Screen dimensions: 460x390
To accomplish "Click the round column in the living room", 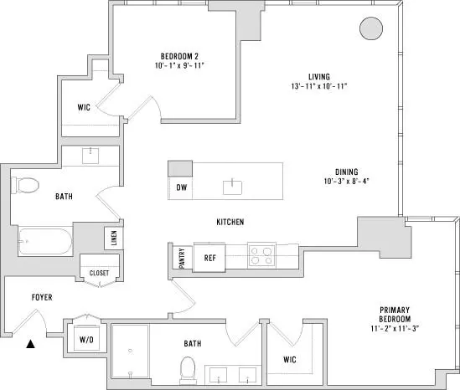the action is tap(371, 28).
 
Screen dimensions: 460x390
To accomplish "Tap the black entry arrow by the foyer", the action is tap(30, 344).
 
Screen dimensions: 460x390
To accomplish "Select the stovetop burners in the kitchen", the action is tap(261, 254).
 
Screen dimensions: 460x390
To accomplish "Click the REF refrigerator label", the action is tap(210, 258).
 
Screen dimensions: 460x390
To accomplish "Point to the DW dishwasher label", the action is tap(182, 187).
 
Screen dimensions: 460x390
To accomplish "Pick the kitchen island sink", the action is tap(232, 187).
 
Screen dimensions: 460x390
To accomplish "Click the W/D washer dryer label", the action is tap(86, 340).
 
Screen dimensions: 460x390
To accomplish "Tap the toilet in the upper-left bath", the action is tap(25, 185).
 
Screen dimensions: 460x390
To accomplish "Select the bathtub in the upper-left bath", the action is tap(45, 241).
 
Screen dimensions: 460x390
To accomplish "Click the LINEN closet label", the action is tap(114, 238).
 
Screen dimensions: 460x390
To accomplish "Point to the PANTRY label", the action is tap(182, 258).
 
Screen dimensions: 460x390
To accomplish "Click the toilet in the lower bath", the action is tap(188, 371).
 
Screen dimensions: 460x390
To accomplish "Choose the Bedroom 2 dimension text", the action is tap(179, 65).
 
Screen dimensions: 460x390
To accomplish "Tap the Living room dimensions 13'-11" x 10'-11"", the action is tap(319, 86).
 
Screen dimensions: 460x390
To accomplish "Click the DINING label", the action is tap(347, 172).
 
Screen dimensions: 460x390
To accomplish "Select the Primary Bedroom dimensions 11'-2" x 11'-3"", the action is tap(395, 328).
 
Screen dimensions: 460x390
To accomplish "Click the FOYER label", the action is tap(42, 297).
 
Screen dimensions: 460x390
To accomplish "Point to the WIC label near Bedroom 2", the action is tap(84, 107).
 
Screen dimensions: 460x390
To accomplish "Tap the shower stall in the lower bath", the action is tap(130, 351).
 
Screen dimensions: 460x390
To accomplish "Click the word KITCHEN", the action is tap(230, 222).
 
